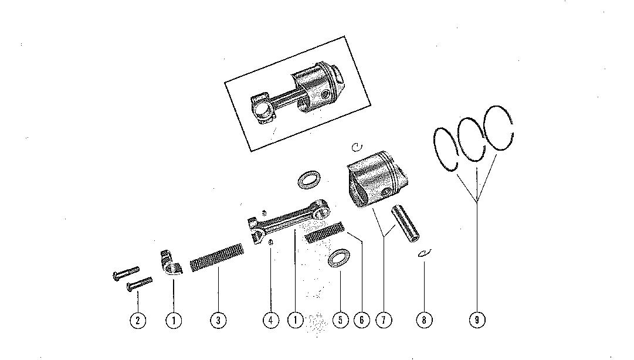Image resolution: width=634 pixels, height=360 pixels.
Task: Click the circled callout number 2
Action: pyautogui.click(x=137, y=320)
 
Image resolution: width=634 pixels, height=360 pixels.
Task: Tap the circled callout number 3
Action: pyautogui.click(x=218, y=320)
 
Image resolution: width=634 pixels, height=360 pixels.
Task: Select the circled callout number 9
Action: pyautogui.click(x=477, y=320)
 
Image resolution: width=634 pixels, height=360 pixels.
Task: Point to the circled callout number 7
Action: pyautogui.click(x=384, y=320)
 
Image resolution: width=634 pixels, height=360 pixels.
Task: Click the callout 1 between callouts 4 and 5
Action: pyautogui.click(x=296, y=320)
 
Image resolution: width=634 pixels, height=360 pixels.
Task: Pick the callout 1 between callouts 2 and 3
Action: pyautogui.click(x=174, y=320)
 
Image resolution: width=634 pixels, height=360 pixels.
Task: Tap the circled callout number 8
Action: pyautogui.click(x=424, y=320)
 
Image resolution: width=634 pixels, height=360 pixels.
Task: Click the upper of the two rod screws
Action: pyautogui.click(x=125, y=273)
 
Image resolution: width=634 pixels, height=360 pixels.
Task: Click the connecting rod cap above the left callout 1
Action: pyautogui.click(x=170, y=262)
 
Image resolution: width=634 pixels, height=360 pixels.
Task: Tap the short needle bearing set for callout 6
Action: pyautogui.click(x=324, y=233)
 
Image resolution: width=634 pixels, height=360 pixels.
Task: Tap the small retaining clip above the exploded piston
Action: pyautogui.click(x=358, y=146)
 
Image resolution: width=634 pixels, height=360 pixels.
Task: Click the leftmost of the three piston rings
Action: pyautogui.click(x=449, y=150)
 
